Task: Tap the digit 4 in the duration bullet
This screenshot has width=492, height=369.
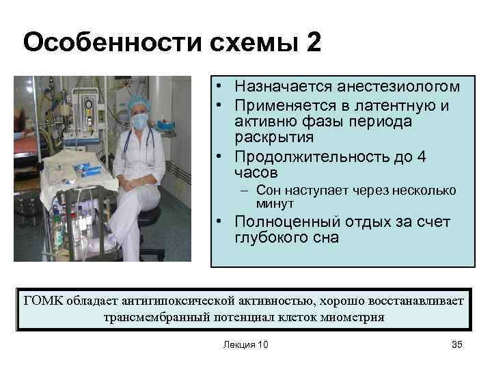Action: click(422, 157)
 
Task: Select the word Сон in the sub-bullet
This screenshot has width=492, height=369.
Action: click(267, 191)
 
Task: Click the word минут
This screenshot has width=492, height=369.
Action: click(275, 204)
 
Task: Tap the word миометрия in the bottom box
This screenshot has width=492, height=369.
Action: click(352, 317)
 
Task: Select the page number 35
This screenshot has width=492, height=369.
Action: click(457, 344)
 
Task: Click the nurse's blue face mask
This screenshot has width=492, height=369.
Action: click(139, 122)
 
